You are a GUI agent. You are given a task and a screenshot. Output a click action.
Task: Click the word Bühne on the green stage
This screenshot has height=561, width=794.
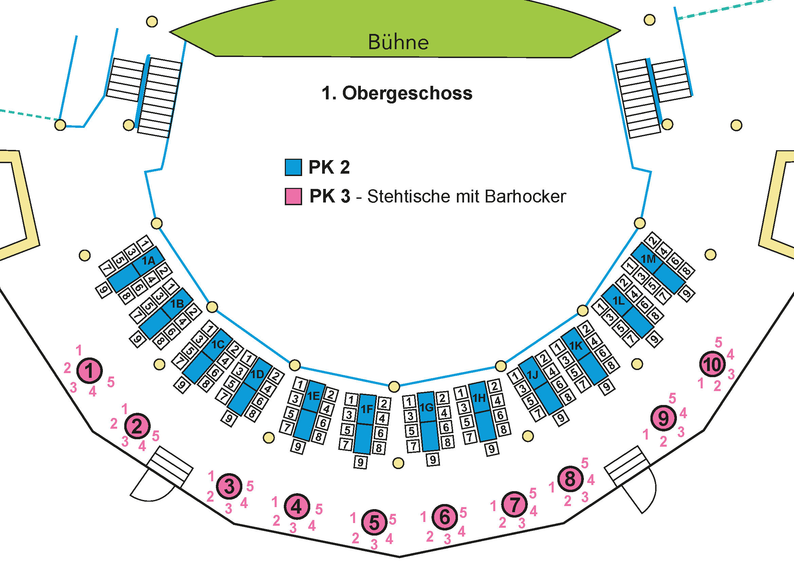(x=398, y=42)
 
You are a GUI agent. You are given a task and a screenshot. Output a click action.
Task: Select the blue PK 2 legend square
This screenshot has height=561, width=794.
(x=293, y=167)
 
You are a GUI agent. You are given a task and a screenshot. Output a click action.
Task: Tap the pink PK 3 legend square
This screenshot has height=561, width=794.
(x=293, y=196)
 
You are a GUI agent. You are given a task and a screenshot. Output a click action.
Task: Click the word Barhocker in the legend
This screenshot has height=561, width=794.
(x=525, y=196)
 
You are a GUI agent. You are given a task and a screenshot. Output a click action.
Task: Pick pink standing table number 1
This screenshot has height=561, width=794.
(x=89, y=371)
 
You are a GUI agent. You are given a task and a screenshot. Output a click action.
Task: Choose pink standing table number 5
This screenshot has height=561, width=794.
(x=374, y=522)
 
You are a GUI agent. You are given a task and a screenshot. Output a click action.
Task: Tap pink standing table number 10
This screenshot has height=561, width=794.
(x=712, y=364)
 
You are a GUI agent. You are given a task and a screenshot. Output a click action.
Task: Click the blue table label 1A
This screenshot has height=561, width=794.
(x=148, y=260)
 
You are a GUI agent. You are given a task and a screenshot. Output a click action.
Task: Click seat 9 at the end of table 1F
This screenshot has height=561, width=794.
(x=361, y=462)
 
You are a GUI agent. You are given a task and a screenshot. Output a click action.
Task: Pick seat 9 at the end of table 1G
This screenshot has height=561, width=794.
(x=432, y=459)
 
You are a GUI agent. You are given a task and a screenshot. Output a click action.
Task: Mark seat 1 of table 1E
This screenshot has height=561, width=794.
(x=300, y=385)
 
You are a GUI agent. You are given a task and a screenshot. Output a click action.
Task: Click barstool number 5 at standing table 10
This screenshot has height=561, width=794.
(x=718, y=343)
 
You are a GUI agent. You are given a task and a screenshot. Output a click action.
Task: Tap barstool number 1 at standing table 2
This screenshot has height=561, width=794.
(x=125, y=409)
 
